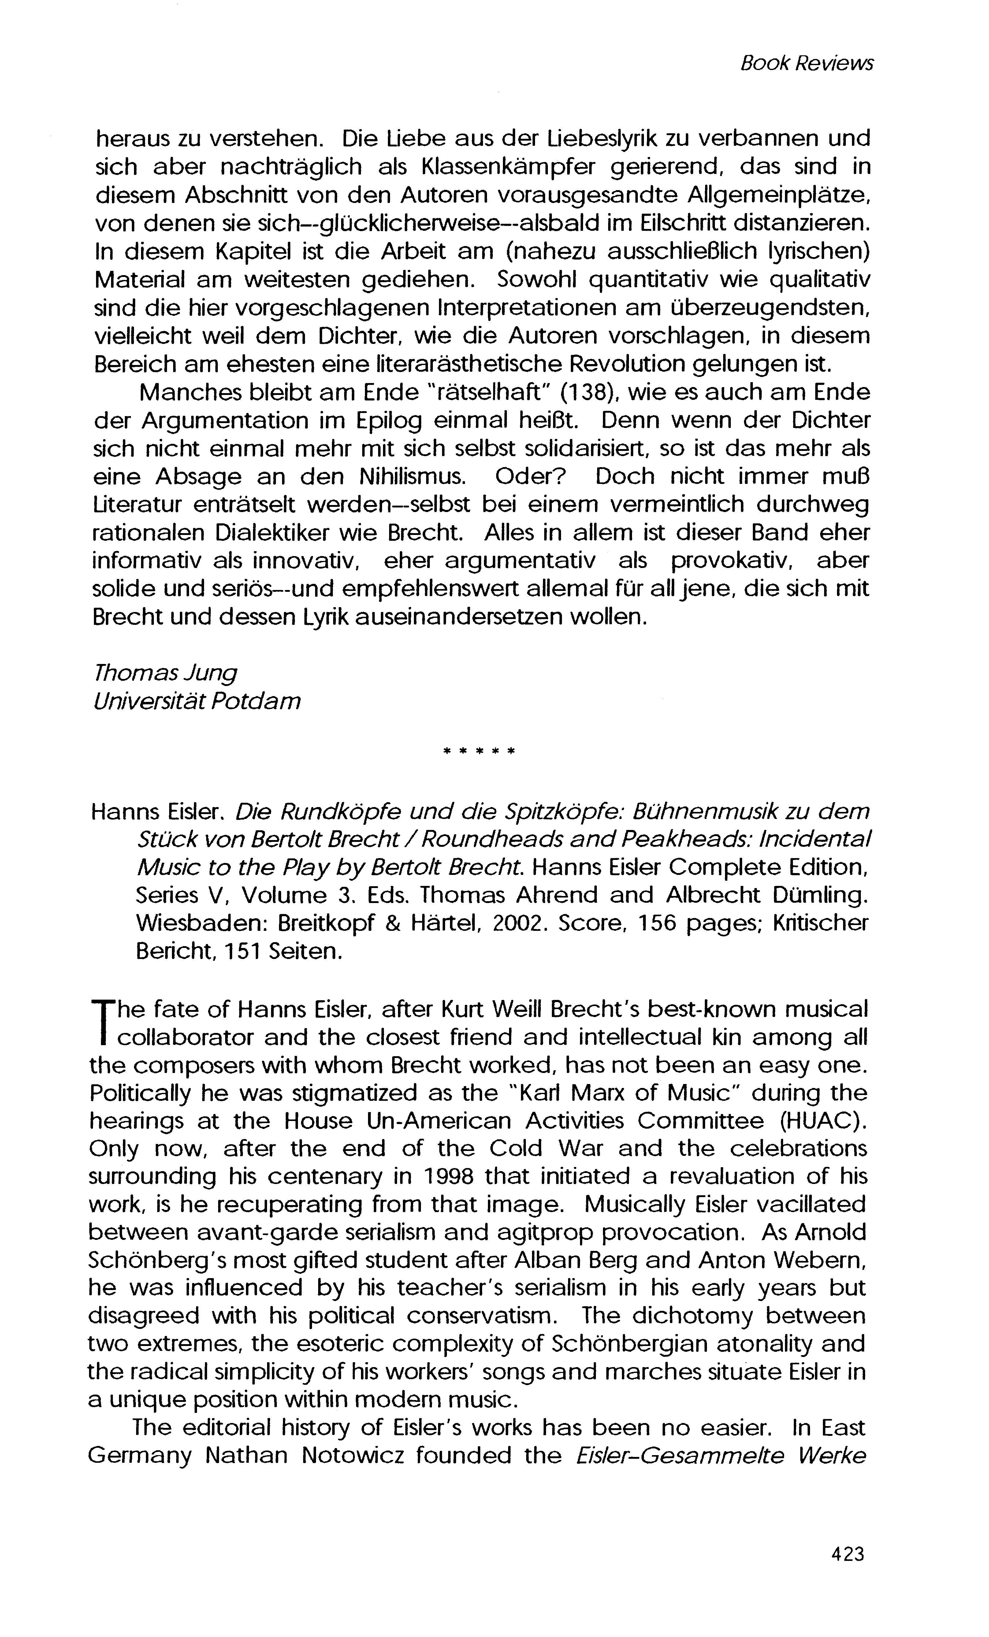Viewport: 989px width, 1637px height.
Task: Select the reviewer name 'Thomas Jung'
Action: tap(165, 673)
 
